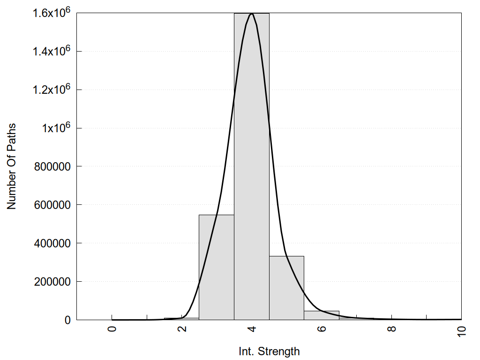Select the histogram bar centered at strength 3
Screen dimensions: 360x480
217,267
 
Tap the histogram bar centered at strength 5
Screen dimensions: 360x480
286,288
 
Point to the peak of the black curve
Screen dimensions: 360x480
252,14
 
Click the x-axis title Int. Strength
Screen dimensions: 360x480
269,351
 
